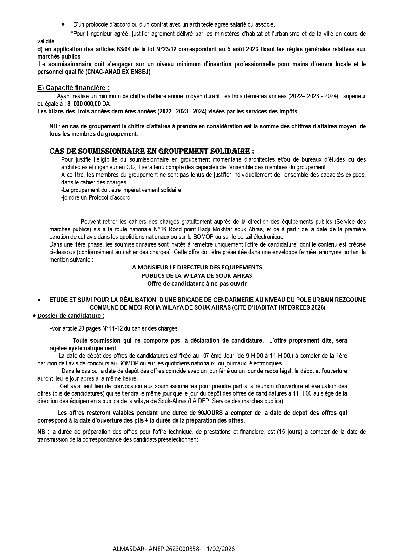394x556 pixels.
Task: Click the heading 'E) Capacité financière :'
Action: coord(73,88)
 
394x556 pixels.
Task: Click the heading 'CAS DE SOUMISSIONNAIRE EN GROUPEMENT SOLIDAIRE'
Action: coord(152,151)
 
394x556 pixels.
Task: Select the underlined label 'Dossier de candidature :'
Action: coord(71,316)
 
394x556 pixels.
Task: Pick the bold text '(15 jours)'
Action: coord(290,432)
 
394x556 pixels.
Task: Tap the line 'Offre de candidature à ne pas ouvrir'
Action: coord(197,284)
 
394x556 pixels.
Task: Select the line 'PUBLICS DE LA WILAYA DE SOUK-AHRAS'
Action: coord(197,275)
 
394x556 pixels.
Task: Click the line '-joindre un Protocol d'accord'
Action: coord(96,197)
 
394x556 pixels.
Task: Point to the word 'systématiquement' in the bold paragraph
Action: coord(95,348)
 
